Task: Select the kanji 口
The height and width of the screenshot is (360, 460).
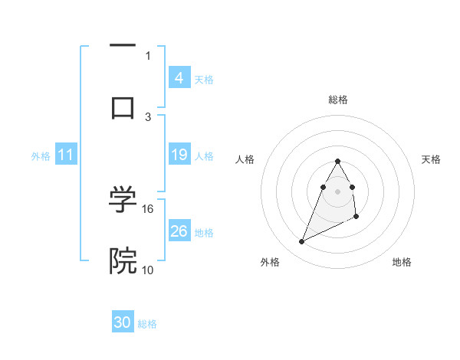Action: (123, 106)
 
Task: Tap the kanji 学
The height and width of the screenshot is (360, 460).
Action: (123, 201)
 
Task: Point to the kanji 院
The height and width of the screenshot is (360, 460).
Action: (123, 260)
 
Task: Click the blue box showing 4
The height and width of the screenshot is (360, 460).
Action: (179, 78)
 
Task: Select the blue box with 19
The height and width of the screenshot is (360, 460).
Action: (179, 155)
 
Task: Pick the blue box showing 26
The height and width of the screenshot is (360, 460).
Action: (179, 231)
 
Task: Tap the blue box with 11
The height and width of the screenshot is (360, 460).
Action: (66, 155)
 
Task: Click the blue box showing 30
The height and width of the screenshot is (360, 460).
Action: (123, 323)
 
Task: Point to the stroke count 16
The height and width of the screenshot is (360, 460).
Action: (148, 208)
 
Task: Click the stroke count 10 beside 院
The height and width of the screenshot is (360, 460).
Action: (148, 269)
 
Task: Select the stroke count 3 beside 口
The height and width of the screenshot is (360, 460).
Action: (148, 116)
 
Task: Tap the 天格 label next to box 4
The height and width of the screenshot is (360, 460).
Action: (204, 79)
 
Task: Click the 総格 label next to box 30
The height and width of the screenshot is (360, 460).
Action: (147, 324)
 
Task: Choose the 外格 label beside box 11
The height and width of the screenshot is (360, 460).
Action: (41, 155)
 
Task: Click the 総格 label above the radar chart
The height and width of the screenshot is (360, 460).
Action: (338, 100)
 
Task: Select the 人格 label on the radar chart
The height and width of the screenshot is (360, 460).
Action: (245, 159)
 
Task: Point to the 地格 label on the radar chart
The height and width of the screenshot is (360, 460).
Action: (402, 262)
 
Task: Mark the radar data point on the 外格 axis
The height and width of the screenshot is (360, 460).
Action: (302, 242)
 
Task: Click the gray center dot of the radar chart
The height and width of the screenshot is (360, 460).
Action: (338, 191)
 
